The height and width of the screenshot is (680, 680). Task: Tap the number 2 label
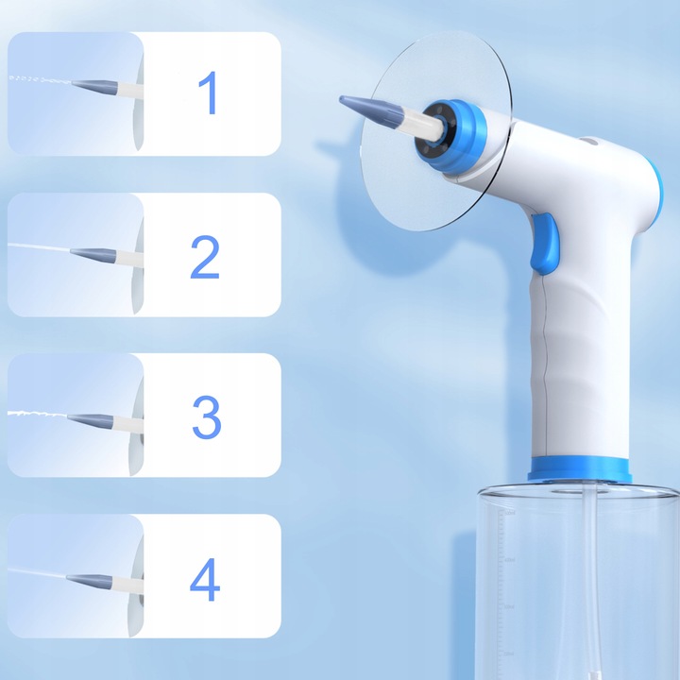pos(205,257)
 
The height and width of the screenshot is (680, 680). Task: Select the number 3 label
pos(207,417)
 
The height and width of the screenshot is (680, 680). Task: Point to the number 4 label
pos(205,580)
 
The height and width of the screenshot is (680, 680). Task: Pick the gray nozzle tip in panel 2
pos(93,254)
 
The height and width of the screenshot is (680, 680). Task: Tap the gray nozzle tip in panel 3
pos(91,420)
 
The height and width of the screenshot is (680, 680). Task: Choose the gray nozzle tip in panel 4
pos(90,581)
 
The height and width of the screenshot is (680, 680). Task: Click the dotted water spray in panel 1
pos(40,79)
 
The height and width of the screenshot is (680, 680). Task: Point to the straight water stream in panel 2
pos(39,247)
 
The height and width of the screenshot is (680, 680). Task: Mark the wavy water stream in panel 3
pos(37,415)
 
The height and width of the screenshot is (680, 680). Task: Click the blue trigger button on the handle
pos(544,244)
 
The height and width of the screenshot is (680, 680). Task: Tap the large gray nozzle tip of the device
pos(372,111)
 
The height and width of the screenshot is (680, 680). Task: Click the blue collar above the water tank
pos(579,469)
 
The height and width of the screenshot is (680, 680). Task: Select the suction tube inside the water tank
pos(590,581)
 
